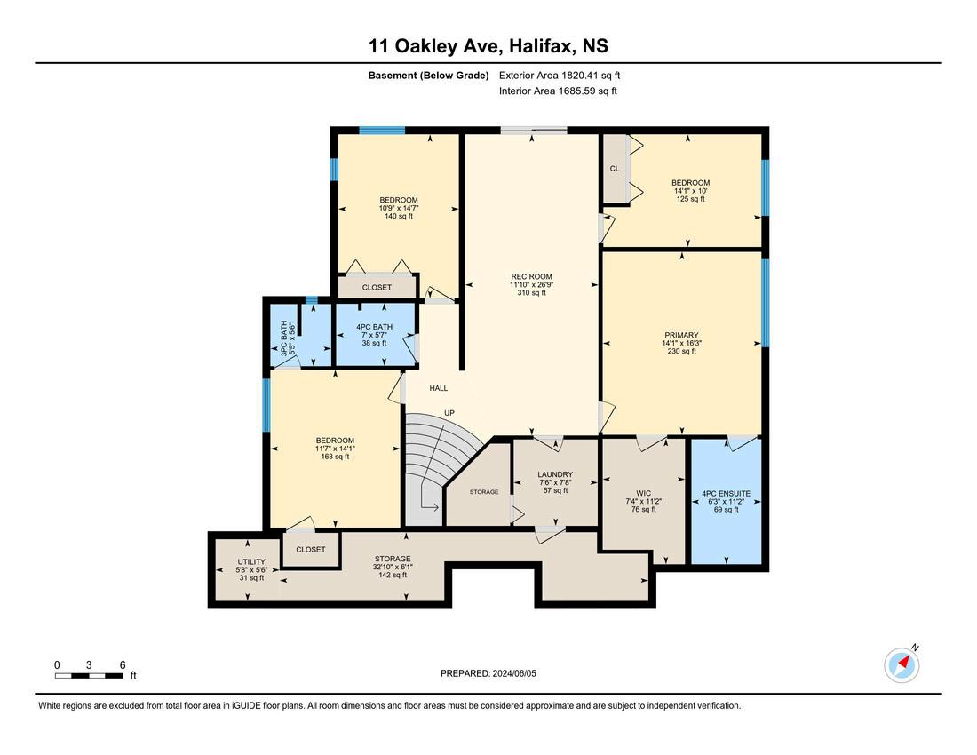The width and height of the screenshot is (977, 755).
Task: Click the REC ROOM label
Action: [x=531, y=276]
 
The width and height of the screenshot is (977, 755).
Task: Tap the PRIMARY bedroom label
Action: [x=681, y=335]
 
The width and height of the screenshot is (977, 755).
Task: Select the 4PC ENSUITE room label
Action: [x=726, y=493]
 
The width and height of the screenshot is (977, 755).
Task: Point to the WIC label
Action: [x=644, y=493]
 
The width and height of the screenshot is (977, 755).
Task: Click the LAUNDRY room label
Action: [x=555, y=474]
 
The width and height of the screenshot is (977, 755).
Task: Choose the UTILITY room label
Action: [x=251, y=562]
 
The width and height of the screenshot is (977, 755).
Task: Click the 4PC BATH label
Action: [x=375, y=327]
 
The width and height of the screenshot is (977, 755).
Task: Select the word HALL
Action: [x=439, y=388]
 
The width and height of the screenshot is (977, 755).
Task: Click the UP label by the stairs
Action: [x=449, y=413]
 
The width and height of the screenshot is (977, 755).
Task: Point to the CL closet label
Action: [x=615, y=169]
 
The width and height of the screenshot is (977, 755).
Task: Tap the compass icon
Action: [x=902, y=664]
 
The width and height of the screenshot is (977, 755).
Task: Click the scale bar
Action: [x=89, y=675]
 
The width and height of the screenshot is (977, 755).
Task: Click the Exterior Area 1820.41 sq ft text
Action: [x=560, y=75]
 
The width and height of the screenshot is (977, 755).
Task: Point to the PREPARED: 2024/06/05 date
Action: [x=488, y=673]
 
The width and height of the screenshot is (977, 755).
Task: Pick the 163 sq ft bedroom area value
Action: [x=335, y=457]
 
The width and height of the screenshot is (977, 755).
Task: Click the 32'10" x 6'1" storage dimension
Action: [x=393, y=567]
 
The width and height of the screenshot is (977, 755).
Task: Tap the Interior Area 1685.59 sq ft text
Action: [x=559, y=91]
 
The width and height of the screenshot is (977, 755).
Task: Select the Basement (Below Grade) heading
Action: [x=429, y=75]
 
